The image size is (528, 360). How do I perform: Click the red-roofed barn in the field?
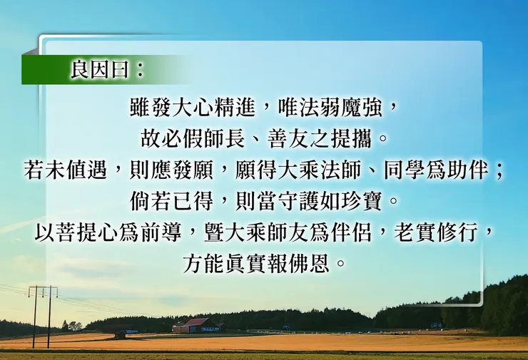(198, 326)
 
